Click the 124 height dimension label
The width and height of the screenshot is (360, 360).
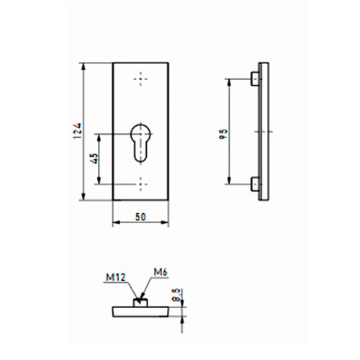point(78,131)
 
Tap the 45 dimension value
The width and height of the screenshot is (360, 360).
point(95,158)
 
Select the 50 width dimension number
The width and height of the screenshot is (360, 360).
point(140,217)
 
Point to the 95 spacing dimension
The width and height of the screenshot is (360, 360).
point(223,135)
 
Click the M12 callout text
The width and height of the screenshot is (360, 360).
point(116,278)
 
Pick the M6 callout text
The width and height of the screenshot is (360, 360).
point(161,272)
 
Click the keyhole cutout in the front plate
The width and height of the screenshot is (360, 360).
point(140,143)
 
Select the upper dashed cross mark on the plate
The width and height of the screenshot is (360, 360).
point(140,79)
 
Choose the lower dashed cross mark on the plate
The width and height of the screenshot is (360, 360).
point(140,184)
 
